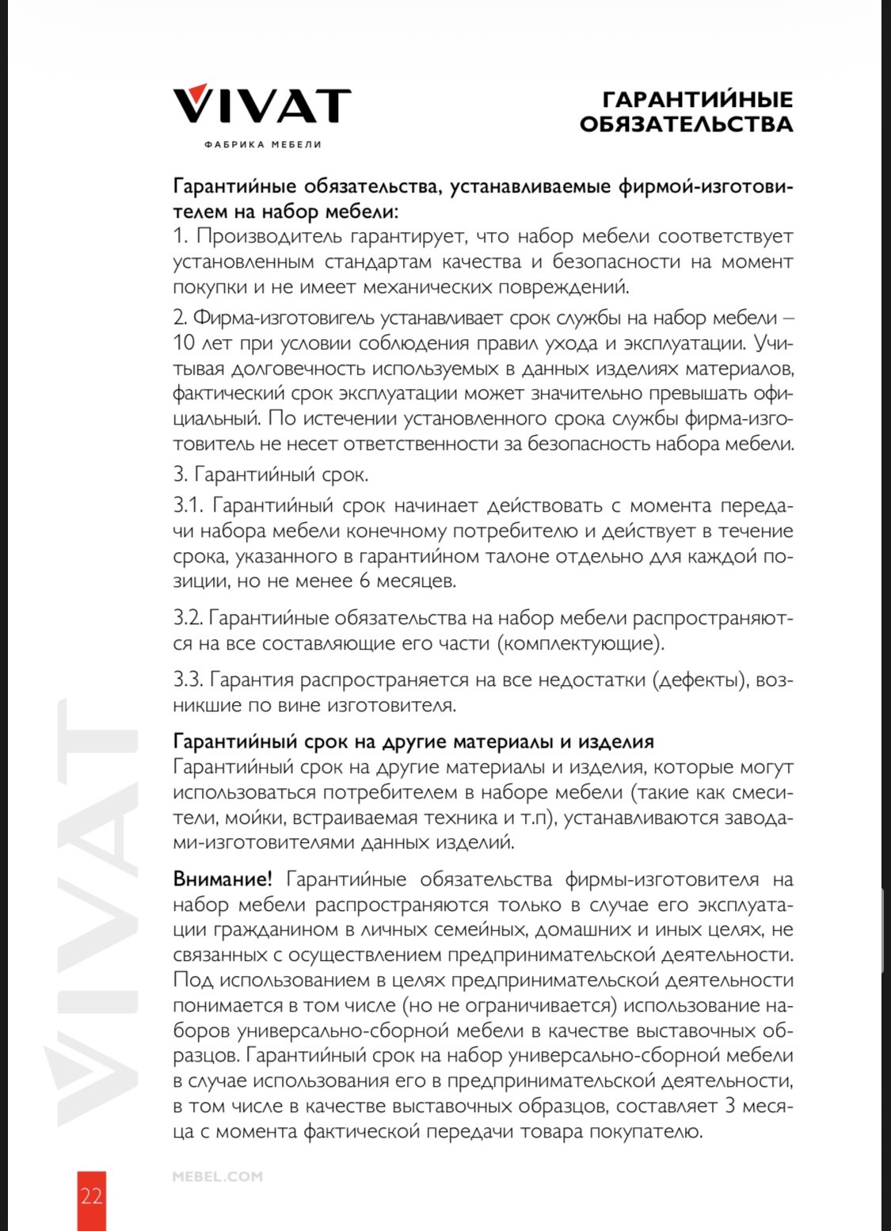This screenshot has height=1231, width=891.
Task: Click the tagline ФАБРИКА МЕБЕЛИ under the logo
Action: pos(262,144)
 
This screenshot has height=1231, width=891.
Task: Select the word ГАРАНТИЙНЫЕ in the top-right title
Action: pos(697,99)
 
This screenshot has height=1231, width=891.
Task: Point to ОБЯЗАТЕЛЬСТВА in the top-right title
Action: pos(686,124)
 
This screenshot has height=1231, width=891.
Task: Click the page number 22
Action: pos(91,1195)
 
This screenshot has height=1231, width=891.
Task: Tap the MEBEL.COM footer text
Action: pos(217,1176)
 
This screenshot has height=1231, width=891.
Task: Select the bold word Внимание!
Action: pos(223,879)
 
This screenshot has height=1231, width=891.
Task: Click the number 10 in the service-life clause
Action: pos(184,343)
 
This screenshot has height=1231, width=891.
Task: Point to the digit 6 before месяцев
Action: pos(364,581)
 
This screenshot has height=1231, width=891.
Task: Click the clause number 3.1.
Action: pos(188,505)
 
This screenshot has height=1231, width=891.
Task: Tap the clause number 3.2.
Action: pos(188,618)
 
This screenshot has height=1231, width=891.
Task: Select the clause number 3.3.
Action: pos(188,680)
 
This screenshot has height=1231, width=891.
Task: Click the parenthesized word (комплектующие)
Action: pos(581,643)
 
